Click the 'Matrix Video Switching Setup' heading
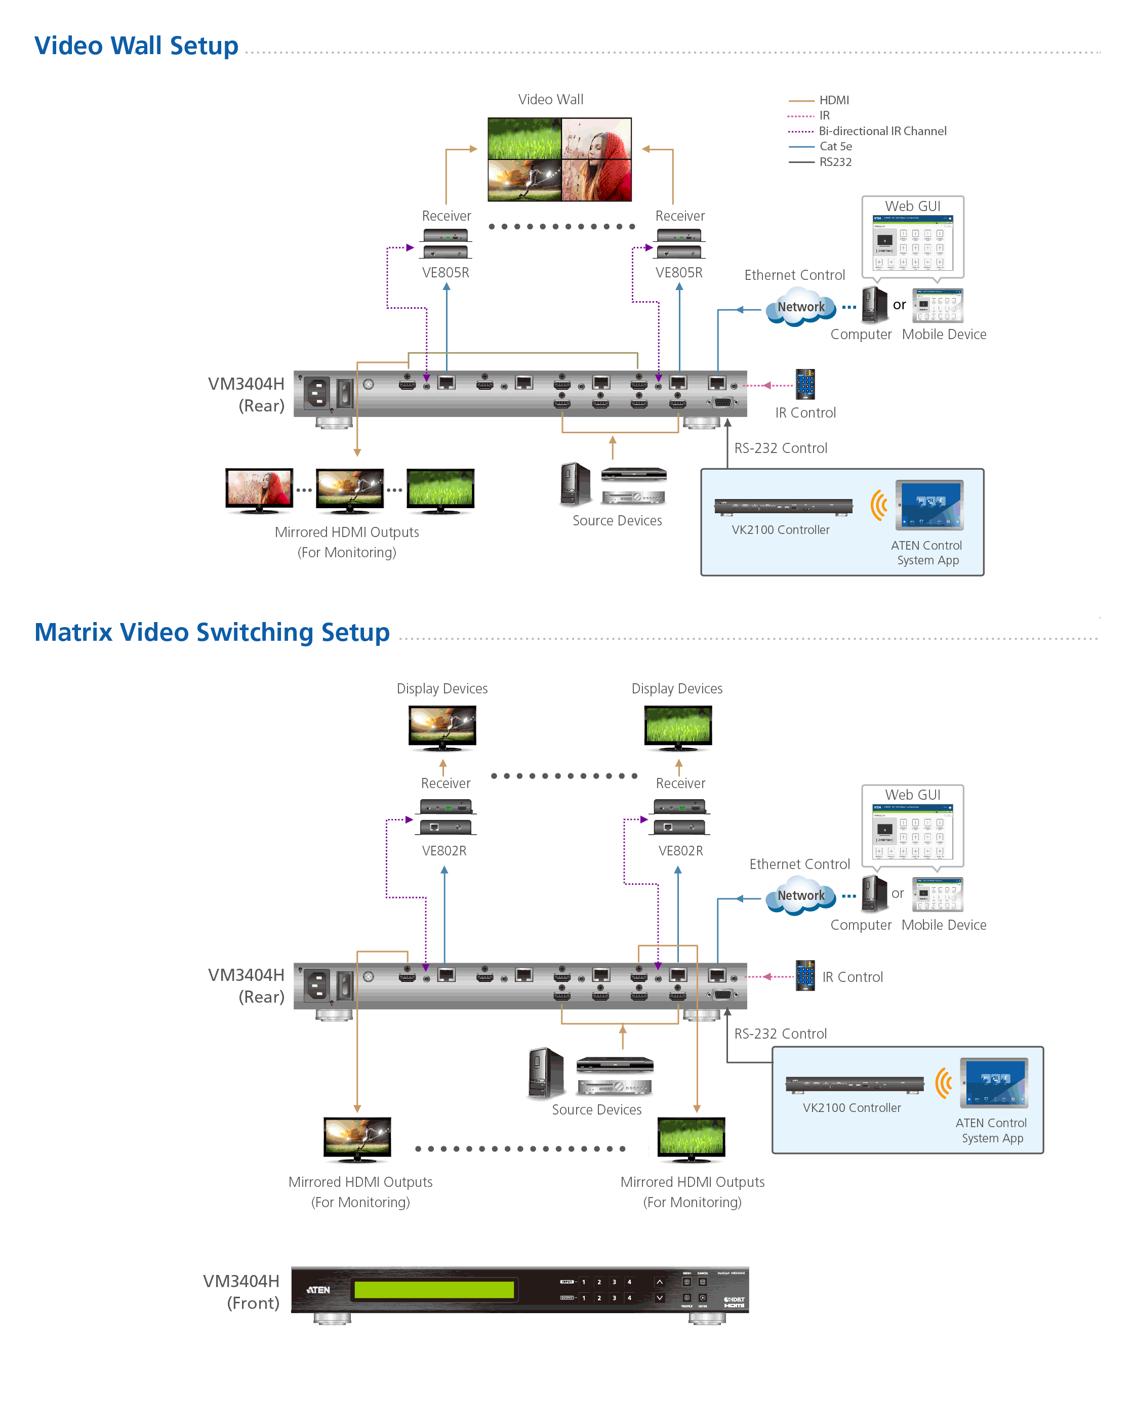pyautogui.click(x=212, y=632)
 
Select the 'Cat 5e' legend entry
pyautogui.click(x=835, y=146)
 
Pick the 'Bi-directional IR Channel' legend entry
pyautogui.click(x=882, y=131)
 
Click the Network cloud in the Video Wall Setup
pyautogui.click(x=801, y=308)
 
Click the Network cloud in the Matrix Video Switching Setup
pyautogui.click(x=801, y=896)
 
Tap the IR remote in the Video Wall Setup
pyautogui.click(x=805, y=384)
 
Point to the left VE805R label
pyautogui.click(x=445, y=272)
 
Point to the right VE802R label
pyautogui.click(x=681, y=850)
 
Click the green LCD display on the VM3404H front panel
pyautogui.click(x=434, y=1290)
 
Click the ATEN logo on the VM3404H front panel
pyautogui.click(x=319, y=1290)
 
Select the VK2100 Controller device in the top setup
pyautogui.click(x=783, y=507)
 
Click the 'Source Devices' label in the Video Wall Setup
pyautogui.click(x=617, y=520)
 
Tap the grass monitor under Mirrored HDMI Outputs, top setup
pyautogui.click(x=440, y=489)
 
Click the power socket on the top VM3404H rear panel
pyautogui.click(x=317, y=393)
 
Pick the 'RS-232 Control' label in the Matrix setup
pyautogui.click(x=780, y=1034)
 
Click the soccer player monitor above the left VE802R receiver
pyautogui.click(x=442, y=727)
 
